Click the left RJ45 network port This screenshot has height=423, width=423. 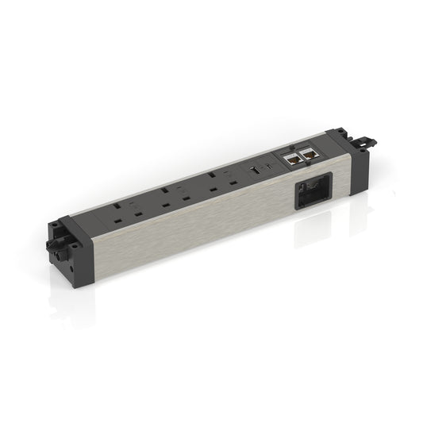point(291,158)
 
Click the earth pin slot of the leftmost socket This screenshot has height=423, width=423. point(117,206)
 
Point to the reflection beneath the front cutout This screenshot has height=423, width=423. point(317,230)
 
